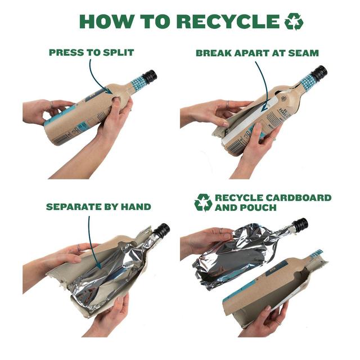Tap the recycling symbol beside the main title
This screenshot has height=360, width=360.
pyautogui.click(x=294, y=21)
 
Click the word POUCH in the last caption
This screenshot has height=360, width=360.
pyautogui.click(x=260, y=208)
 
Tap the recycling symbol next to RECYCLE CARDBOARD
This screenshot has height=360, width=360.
pyautogui.click(x=203, y=202)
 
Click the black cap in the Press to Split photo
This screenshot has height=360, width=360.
pyautogui.click(x=150, y=76)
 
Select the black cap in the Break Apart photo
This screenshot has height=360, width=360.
pyautogui.click(x=319, y=73)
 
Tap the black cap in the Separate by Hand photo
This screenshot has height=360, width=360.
pyautogui.click(x=162, y=230)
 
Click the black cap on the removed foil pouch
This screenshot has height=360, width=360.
pyautogui.click(x=299, y=224)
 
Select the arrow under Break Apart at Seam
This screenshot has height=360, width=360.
pyautogui.click(x=266, y=83)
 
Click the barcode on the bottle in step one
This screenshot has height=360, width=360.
pyautogui.click(x=61, y=138)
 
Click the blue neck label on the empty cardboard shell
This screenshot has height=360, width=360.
pyautogui.click(x=316, y=254)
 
